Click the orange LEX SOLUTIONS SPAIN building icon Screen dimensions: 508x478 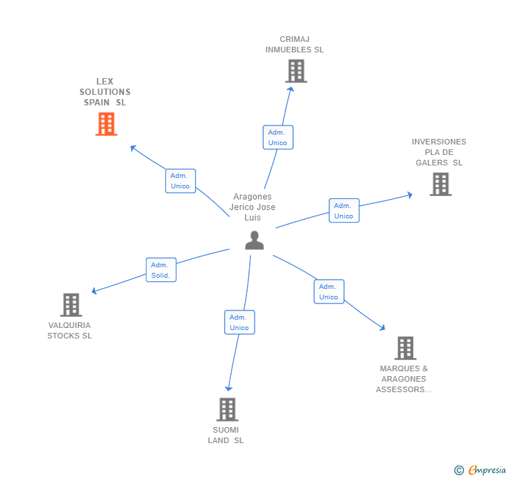click(106, 124)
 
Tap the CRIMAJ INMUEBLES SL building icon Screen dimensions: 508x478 click(296, 70)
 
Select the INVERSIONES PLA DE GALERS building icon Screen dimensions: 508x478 click(440, 184)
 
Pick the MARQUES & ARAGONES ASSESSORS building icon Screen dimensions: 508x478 click(405, 348)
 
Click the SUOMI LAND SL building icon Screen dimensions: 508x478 click(227, 409)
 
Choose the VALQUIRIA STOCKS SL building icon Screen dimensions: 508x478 click(70, 304)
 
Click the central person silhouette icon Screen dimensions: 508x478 click(254, 240)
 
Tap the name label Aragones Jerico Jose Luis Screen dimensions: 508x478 click(254, 207)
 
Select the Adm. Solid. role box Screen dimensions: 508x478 click(160, 270)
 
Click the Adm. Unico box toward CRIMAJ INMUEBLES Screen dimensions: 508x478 click(278, 137)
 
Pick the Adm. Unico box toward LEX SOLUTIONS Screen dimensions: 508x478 click(180, 181)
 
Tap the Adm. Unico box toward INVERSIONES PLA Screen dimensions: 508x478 click(344, 211)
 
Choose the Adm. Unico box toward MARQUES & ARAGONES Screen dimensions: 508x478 click(329, 292)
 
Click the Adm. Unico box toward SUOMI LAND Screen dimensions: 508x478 click(239, 322)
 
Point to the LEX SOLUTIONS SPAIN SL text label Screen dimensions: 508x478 click(105, 92)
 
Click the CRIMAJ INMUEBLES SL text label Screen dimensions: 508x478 click(294, 45)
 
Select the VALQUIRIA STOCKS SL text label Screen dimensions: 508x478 click(70, 331)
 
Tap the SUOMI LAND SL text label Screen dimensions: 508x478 click(226, 435)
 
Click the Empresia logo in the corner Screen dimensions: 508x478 click(481, 470)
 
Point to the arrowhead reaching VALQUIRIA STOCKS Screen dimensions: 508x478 click(94, 291)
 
